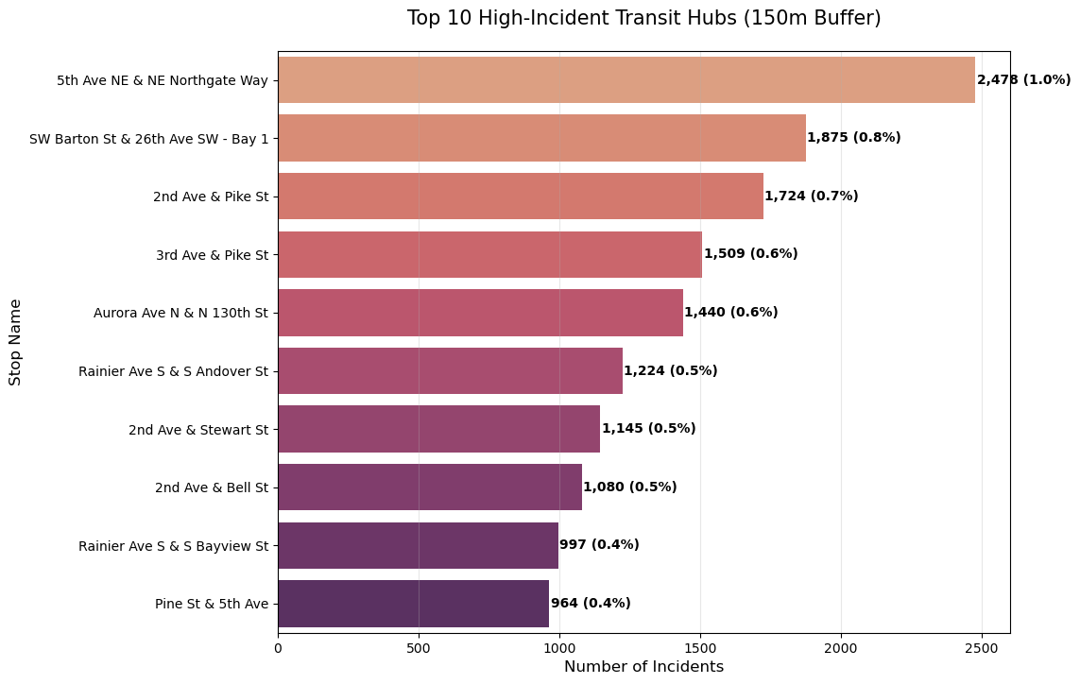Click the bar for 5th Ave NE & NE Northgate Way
[626, 79]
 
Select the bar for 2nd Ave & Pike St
[520, 196]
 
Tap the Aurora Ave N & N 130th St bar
[480, 313]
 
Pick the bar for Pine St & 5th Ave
[413, 604]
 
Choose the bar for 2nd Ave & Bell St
[429, 487]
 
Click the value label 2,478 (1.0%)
[1023, 80]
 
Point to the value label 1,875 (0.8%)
[853, 138]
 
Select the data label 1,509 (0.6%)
[750, 254]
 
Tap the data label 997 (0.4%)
[599, 545]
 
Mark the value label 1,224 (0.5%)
[670, 371]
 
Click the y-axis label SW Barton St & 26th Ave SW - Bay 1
[148, 139]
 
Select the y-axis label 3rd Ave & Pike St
[212, 255]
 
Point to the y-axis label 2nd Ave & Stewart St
[198, 430]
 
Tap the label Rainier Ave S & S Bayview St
[173, 546]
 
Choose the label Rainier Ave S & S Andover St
[173, 371]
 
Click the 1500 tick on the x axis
[700, 649]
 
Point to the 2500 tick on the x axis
[982, 649]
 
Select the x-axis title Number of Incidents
[643, 667]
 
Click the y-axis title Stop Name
[15, 342]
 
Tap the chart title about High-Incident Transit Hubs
[643, 18]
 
